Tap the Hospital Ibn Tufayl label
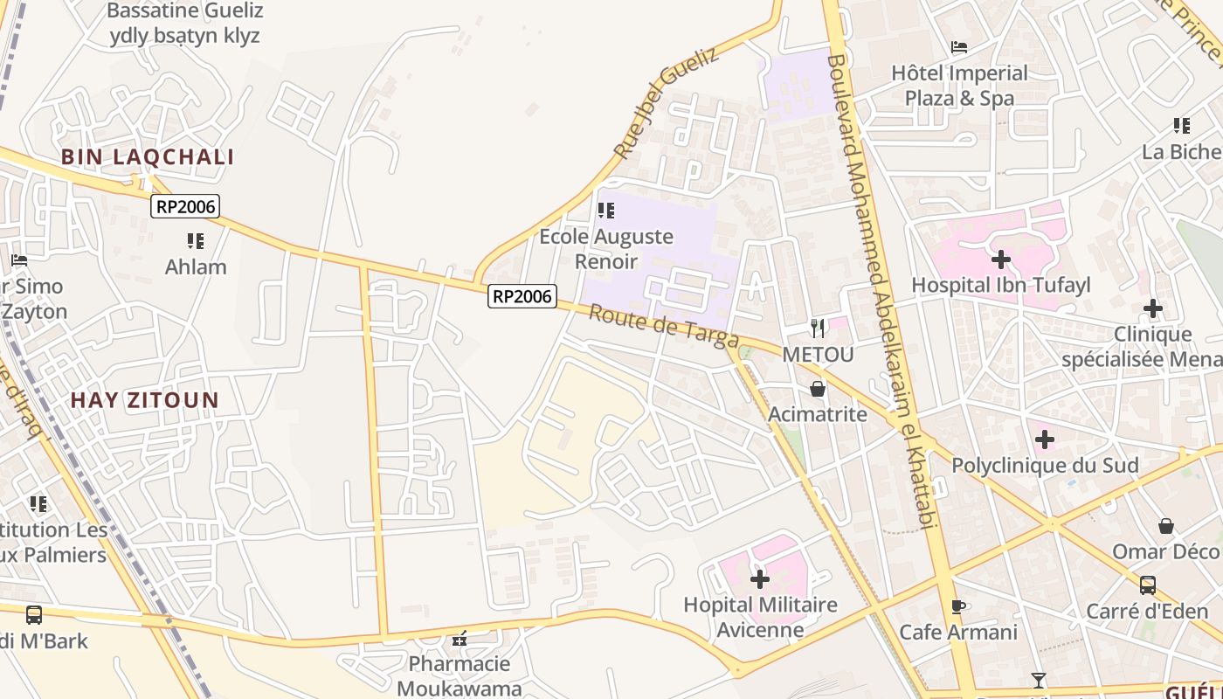tap(1000, 285)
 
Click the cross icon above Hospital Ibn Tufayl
tap(1001, 260)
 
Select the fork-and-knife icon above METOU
tap(818, 329)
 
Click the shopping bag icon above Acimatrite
tap(818, 389)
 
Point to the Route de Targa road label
tap(664, 327)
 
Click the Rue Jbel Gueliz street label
tap(666, 103)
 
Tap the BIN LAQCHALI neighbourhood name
tap(148, 157)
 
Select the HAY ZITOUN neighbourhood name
tap(145, 400)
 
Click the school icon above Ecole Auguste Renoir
tap(605, 211)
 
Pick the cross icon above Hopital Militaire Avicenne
tap(760, 578)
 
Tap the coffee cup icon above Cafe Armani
tap(958, 606)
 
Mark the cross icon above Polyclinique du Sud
tap(1045, 439)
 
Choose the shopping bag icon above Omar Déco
tap(1165, 526)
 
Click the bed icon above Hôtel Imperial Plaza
tap(959, 47)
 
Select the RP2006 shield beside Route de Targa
tap(522, 296)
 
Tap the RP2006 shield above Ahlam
tap(185, 206)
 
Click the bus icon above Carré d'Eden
tap(1148, 585)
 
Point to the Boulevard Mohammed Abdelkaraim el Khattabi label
tap(882, 288)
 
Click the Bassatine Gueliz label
tap(184, 24)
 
